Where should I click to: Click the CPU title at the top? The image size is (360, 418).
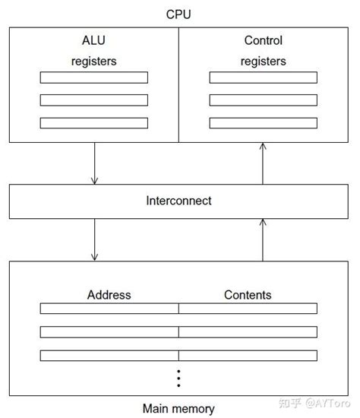[x=178, y=14]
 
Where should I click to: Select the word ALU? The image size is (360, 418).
[x=94, y=41]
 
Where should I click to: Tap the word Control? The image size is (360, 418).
[x=263, y=41]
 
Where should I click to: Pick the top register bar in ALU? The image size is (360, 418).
[x=94, y=78]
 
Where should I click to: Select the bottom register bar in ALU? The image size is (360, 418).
[x=94, y=122]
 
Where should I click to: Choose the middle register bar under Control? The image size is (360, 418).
[x=263, y=100]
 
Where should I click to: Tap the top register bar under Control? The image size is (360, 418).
[x=263, y=78]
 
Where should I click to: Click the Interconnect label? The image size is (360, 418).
[x=178, y=201]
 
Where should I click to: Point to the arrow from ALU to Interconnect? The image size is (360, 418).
[x=94, y=163]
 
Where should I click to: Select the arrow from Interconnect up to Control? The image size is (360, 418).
[x=263, y=163]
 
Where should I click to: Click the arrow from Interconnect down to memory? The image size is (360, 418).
[x=94, y=239]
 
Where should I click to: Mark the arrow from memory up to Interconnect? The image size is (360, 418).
[x=263, y=239]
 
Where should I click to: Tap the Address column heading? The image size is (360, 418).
[x=109, y=295]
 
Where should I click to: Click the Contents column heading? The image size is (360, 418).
[x=248, y=295]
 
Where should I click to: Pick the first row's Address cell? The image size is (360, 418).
[x=109, y=309]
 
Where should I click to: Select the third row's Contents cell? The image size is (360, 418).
[x=248, y=354]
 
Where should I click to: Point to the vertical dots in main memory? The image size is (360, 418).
[x=178, y=378]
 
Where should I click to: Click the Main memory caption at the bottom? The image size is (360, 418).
[x=178, y=408]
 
